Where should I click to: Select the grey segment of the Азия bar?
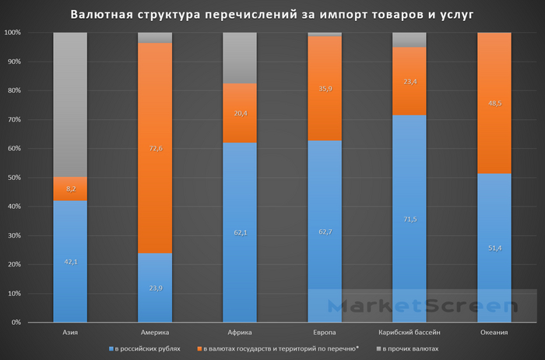click(x=70, y=104)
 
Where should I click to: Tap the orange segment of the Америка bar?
click(x=155, y=148)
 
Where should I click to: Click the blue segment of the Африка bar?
click(x=240, y=232)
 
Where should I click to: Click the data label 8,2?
click(x=70, y=188)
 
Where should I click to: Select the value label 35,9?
click(x=324, y=89)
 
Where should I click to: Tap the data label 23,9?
click(x=155, y=288)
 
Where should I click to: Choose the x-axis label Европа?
click(x=324, y=333)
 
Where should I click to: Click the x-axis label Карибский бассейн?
click(x=409, y=333)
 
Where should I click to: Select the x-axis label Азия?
click(x=70, y=333)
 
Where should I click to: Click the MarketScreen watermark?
click(x=420, y=306)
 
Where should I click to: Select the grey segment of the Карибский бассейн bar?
click(x=409, y=39)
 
